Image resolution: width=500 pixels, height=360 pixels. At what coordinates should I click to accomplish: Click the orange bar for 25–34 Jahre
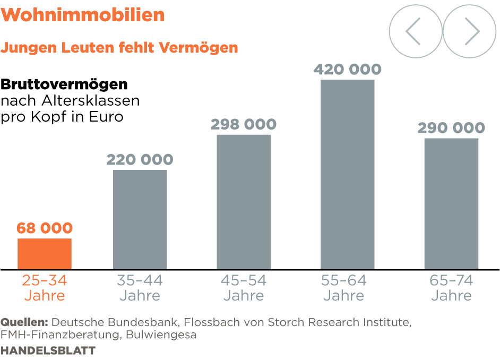[45, 254]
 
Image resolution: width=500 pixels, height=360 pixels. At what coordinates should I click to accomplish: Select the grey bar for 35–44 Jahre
[140, 219]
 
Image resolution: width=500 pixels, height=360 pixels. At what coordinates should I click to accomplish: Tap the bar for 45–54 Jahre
[244, 202]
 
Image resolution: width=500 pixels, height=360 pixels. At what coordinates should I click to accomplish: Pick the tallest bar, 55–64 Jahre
[347, 174]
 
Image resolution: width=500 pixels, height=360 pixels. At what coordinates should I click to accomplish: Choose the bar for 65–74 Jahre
[451, 203]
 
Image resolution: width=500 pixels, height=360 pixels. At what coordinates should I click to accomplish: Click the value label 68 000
[45, 228]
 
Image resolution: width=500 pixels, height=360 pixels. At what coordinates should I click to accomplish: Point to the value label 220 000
[140, 159]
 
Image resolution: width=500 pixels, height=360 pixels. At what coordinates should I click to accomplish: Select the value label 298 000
[244, 124]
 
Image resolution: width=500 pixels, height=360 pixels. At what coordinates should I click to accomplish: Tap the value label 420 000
[347, 70]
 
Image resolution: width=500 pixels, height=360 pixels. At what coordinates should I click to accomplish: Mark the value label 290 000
[451, 128]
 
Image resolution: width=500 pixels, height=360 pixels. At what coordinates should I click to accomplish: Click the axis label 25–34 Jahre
[45, 288]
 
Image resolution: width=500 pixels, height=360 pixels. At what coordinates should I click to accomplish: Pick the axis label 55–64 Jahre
[344, 288]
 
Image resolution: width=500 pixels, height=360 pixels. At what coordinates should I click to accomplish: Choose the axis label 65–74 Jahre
[451, 288]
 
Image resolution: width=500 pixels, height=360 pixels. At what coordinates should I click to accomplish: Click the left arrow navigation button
[415, 32]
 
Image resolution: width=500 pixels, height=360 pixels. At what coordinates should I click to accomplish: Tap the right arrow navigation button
[469, 32]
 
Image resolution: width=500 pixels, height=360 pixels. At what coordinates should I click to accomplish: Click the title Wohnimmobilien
[83, 15]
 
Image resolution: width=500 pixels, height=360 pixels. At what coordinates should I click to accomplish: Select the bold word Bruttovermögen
[64, 84]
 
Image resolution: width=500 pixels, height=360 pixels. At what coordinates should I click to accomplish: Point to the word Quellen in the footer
[24, 322]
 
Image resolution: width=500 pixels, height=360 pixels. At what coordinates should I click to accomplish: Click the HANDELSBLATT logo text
[48, 351]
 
